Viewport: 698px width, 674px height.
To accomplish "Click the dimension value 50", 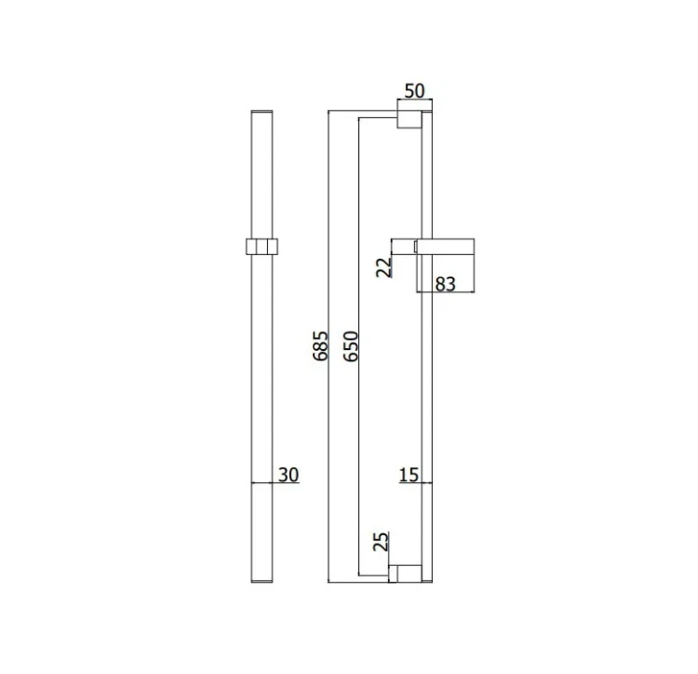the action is click(414, 90).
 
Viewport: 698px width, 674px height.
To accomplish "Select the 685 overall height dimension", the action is click(320, 346).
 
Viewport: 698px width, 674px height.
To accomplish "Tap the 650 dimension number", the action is click(351, 346).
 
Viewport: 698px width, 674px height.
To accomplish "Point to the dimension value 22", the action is click(384, 267).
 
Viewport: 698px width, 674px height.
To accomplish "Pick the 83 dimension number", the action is click(446, 284).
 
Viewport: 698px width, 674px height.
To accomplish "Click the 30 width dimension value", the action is click(289, 475).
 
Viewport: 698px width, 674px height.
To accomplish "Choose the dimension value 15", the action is click(409, 475).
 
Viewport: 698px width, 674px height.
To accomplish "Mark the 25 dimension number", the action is click(381, 541).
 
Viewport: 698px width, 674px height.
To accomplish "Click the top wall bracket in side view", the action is click(409, 119).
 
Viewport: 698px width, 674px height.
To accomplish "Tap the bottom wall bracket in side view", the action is click(405, 573).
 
